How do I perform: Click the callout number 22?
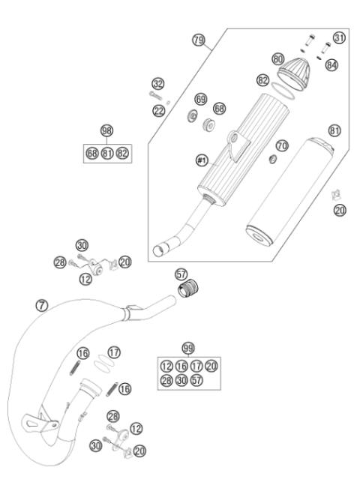159,111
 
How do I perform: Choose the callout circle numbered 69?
200,99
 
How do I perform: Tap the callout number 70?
282,144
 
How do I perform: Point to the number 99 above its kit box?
187,348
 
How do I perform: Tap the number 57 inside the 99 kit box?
197,380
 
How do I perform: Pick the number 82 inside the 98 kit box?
122,154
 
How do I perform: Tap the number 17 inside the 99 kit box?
197,365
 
